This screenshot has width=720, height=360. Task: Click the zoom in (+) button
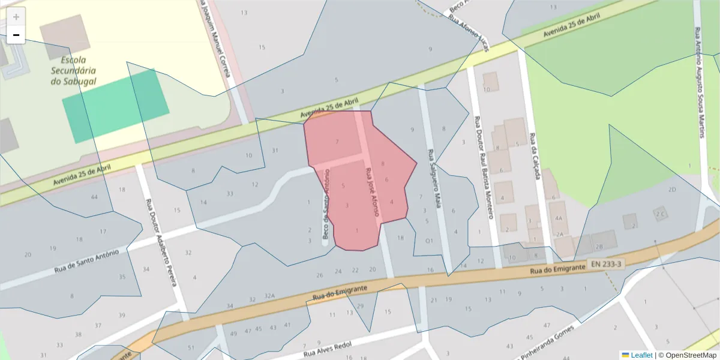[x=16, y=17]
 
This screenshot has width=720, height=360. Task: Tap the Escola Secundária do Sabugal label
[x=74, y=70]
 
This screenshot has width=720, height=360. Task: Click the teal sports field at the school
[x=115, y=106]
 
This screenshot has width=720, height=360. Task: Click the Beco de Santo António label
[x=326, y=206]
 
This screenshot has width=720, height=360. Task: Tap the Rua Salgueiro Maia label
[x=434, y=179]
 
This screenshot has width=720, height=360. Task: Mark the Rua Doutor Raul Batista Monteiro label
[x=484, y=167]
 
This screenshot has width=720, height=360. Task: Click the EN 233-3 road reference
[x=606, y=264]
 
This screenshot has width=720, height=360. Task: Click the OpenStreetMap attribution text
[x=687, y=355]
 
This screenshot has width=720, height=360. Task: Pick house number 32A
[x=269, y=296]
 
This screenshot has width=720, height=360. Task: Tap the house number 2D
[x=672, y=190]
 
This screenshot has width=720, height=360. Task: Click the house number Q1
[x=429, y=241]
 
